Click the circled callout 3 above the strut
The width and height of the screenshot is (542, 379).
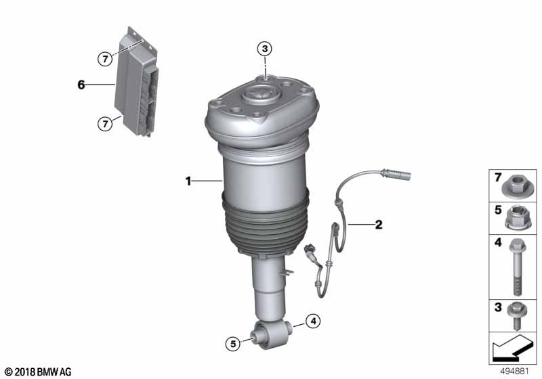pos(265,48)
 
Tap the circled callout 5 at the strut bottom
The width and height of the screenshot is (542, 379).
pos(232,344)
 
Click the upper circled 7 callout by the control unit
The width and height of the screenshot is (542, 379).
pos(104,60)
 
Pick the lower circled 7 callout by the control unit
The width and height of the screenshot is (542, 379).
pos(104,123)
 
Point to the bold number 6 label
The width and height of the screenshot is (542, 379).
pos(81,85)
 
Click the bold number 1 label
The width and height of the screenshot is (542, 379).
pos(190,181)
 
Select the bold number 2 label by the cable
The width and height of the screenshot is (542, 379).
pos(378,223)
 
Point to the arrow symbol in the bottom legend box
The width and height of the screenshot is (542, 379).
pos(512,351)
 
